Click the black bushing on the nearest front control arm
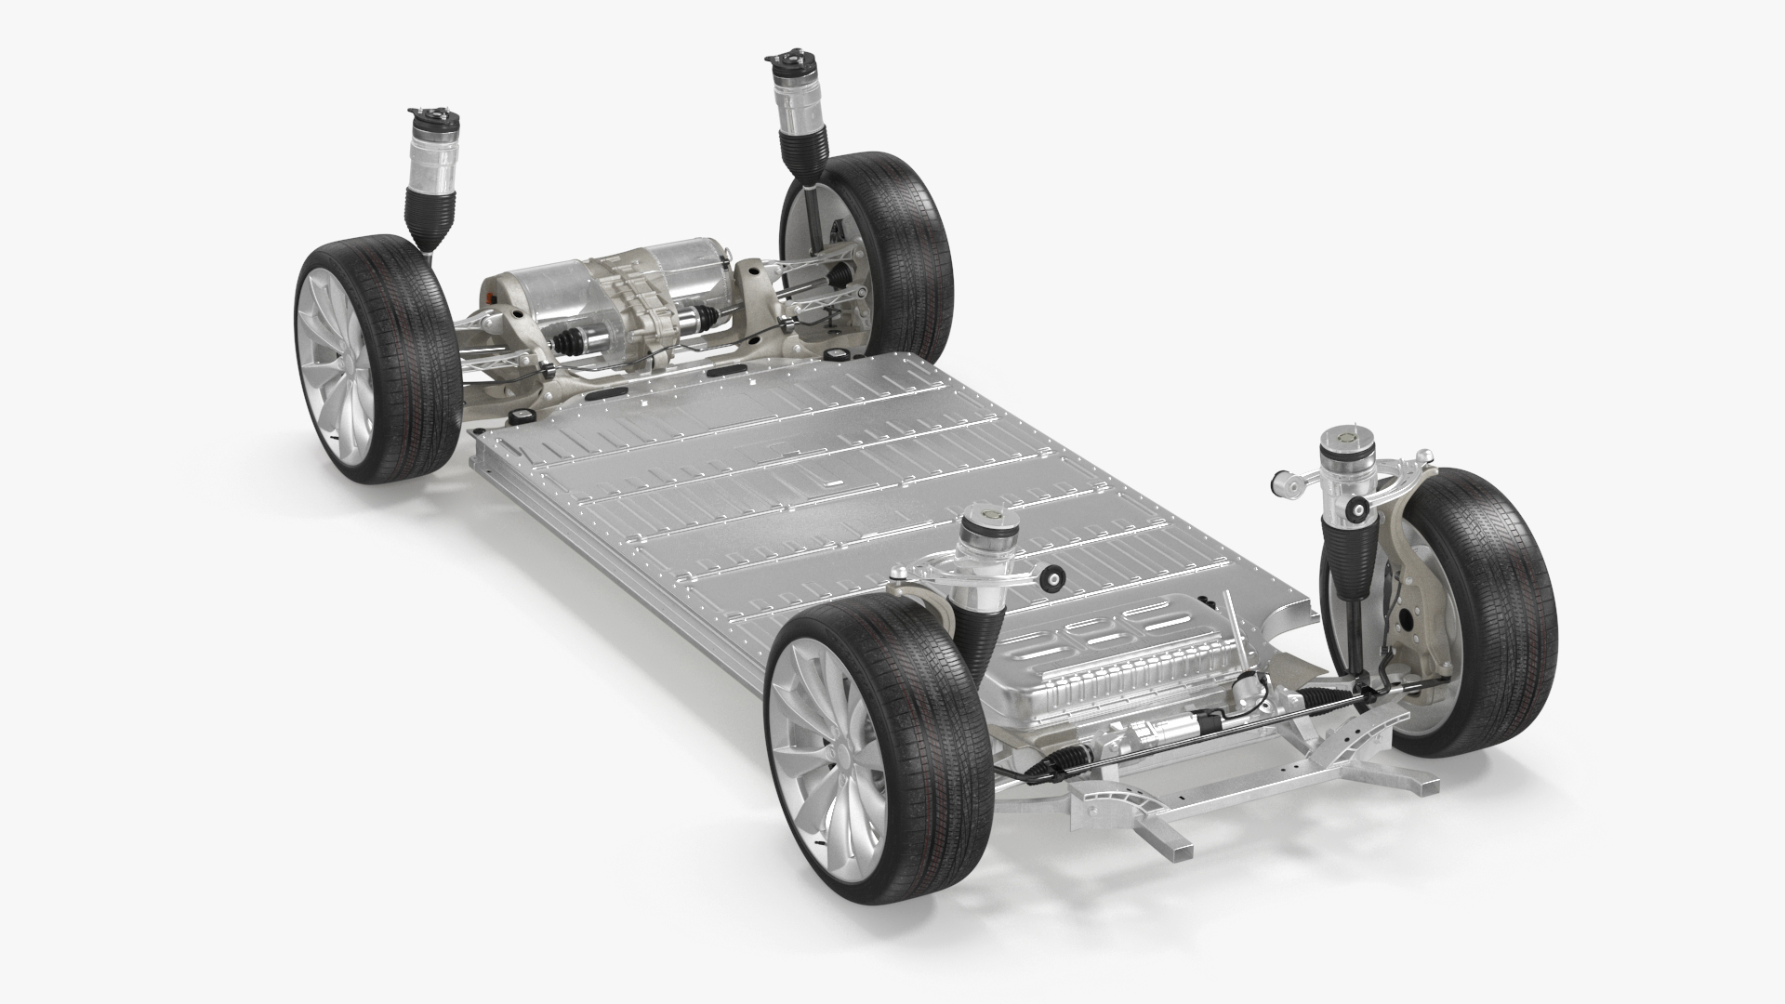[x=1053, y=581]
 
